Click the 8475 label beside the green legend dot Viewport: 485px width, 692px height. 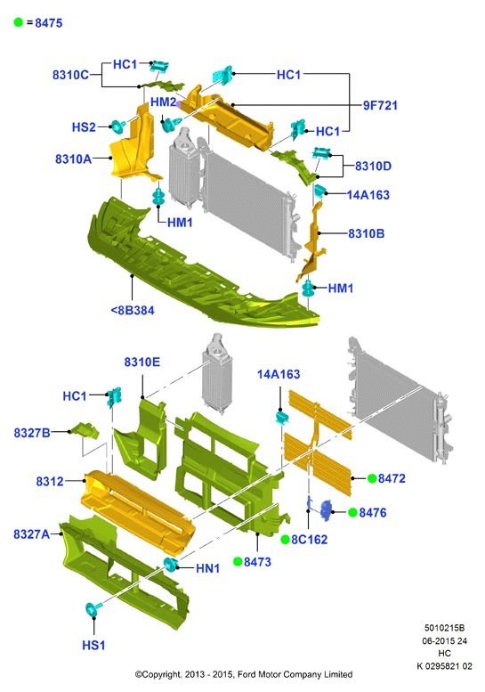point(48,23)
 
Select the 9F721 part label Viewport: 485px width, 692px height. point(380,105)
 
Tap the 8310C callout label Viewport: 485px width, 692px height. point(70,75)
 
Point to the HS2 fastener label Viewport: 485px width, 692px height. point(84,127)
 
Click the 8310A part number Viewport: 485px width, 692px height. point(73,159)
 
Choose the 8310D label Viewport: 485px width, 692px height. point(373,166)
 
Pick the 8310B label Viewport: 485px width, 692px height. point(366,233)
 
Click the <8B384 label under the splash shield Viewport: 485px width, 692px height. point(133,310)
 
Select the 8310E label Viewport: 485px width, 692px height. point(142,362)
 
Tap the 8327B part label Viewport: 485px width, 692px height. point(32,433)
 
